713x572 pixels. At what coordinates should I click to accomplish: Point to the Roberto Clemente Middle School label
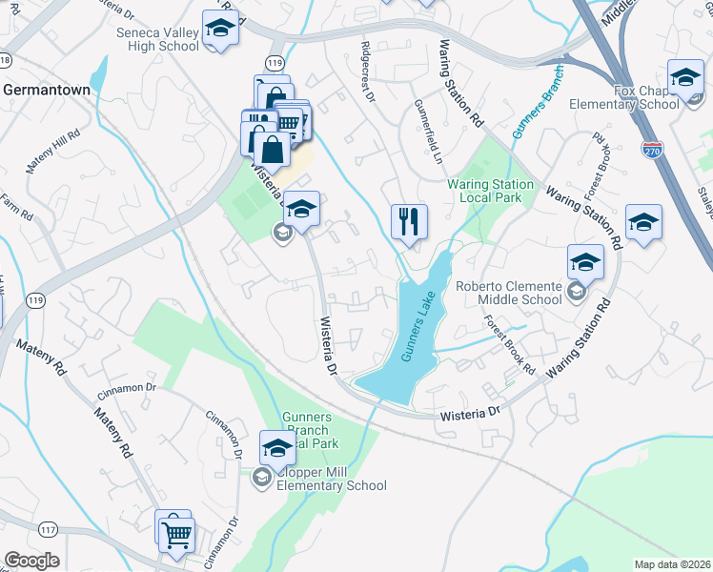508,292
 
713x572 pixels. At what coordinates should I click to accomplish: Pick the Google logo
31,561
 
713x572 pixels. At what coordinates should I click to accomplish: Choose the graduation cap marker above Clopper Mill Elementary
277,447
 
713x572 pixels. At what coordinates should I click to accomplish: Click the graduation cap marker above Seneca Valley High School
220,29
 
